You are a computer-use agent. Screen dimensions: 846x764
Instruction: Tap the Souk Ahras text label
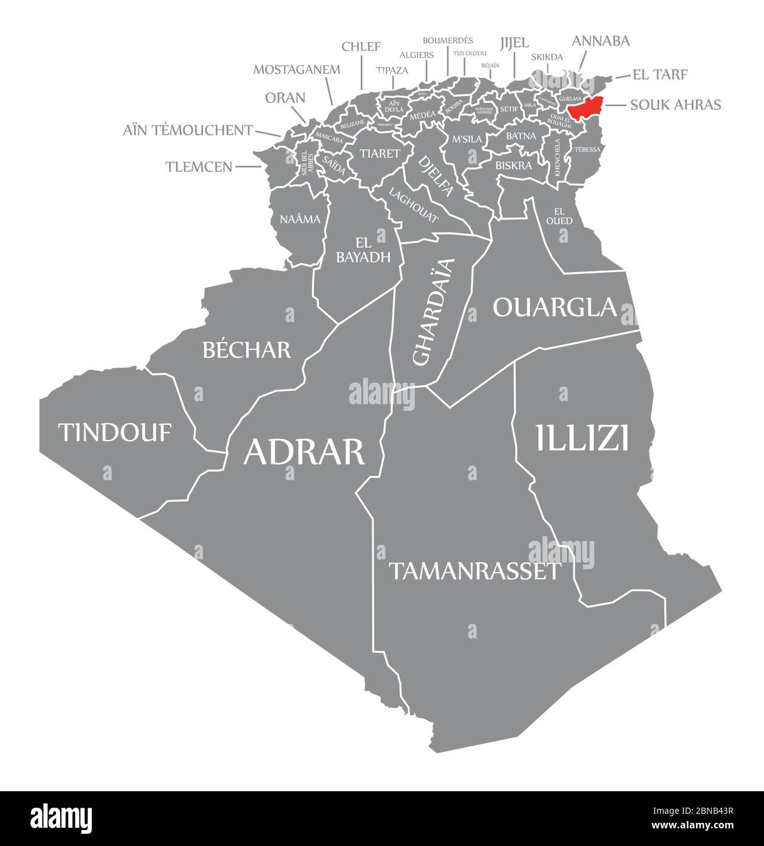click(675, 105)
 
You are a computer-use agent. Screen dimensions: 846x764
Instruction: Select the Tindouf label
click(115, 432)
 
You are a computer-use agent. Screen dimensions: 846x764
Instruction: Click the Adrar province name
click(304, 452)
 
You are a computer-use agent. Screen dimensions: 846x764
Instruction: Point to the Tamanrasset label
click(474, 571)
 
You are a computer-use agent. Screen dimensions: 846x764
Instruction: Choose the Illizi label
click(582, 438)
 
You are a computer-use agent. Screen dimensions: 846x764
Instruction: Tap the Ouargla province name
click(555, 307)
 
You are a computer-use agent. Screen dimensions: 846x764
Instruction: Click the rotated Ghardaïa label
click(434, 312)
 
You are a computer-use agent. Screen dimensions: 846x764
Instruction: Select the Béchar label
click(246, 349)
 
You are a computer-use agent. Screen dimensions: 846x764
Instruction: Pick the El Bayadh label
click(363, 250)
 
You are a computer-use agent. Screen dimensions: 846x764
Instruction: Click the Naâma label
click(300, 219)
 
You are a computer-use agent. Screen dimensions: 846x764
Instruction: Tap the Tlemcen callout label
click(198, 166)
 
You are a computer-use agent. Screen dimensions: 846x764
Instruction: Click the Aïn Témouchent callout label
click(187, 130)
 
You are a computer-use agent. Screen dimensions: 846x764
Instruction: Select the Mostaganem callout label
click(296, 69)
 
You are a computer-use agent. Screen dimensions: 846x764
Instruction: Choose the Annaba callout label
click(600, 41)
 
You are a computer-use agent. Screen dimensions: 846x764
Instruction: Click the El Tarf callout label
click(660, 75)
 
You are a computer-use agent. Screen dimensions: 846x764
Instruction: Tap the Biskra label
click(513, 165)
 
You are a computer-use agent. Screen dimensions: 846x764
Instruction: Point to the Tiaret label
click(380, 153)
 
